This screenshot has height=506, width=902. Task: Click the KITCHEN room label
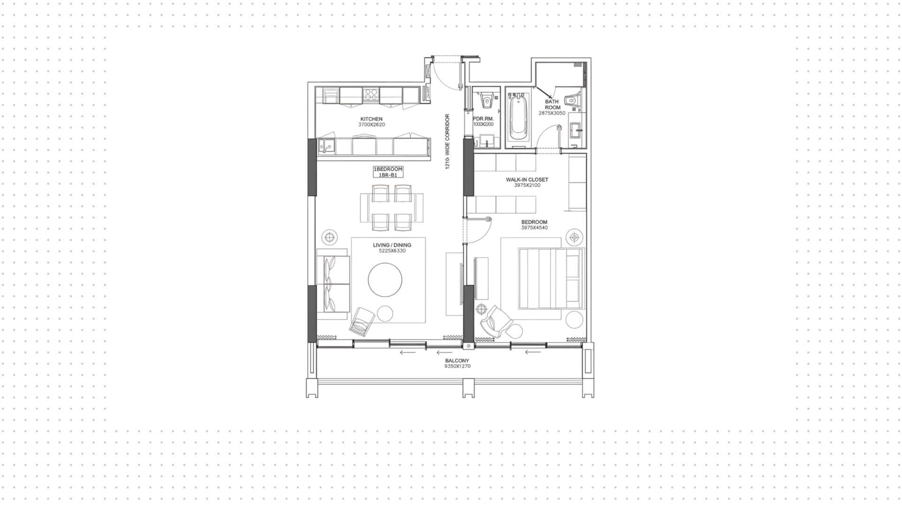(x=371, y=119)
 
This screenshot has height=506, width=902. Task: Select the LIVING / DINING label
(x=392, y=245)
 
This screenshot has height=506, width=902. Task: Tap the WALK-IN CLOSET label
(x=527, y=180)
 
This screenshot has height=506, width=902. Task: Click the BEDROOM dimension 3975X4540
(x=534, y=228)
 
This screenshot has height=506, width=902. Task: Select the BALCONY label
(x=458, y=360)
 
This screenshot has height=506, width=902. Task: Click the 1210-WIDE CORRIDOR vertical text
(x=448, y=141)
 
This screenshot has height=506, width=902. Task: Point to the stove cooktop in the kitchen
(x=371, y=95)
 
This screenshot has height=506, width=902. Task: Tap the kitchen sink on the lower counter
(x=326, y=146)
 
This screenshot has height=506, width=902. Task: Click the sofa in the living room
(x=333, y=284)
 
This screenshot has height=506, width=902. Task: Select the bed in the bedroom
(x=551, y=279)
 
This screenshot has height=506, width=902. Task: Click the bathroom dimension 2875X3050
(x=552, y=113)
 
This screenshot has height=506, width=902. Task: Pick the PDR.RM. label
(x=483, y=119)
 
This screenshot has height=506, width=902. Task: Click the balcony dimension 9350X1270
(x=458, y=366)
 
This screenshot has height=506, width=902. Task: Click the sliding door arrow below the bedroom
(x=533, y=352)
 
